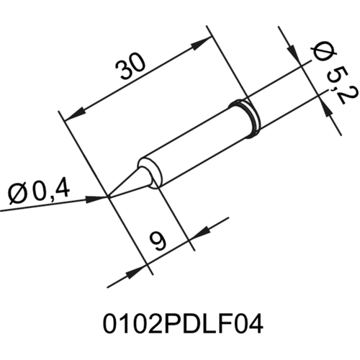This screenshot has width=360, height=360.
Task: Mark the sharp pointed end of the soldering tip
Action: point(109,195)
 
